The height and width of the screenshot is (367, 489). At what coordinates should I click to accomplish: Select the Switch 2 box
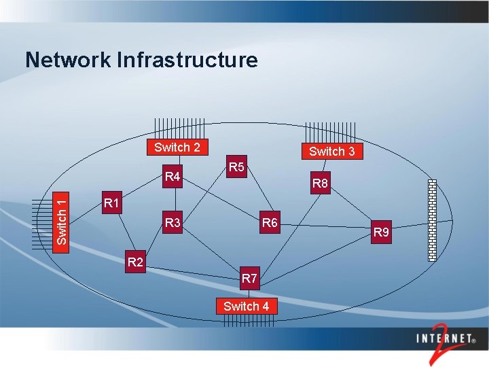(x=177, y=147)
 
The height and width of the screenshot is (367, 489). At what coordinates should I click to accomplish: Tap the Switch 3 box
(x=331, y=151)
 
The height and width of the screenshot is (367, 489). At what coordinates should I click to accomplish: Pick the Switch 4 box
(x=246, y=306)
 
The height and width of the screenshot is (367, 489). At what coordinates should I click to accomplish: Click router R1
(x=111, y=203)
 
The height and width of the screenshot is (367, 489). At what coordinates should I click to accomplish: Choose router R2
(x=136, y=262)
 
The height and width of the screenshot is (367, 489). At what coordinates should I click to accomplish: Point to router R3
(x=173, y=222)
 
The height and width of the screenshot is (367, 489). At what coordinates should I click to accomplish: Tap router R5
(x=236, y=167)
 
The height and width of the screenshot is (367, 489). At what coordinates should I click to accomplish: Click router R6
(x=270, y=222)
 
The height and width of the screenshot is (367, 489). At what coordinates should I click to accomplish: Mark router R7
(x=249, y=278)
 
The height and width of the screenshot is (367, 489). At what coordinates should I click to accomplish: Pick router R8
(x=320, y=183)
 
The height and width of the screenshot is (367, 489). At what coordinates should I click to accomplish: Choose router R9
(x=382, y=232)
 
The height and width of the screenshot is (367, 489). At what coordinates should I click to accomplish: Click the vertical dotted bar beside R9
(x=432, y=220)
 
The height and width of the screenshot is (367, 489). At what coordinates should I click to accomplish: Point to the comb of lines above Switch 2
(x=179, y=129)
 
